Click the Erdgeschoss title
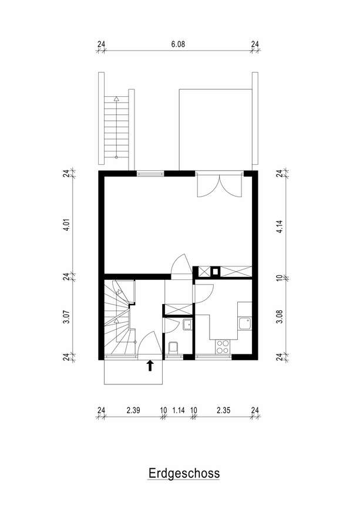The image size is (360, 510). (x=184, y=473)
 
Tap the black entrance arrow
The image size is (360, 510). (x=150, y=366)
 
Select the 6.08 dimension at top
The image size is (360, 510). (x=178, y=44)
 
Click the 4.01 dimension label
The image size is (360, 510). (x=66, y=225)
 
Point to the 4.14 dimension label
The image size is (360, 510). (x=280, y=227)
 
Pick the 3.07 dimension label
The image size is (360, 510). (x=66, y=317)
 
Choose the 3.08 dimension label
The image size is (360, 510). (x=280, y=317)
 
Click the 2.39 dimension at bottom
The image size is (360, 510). (x=133, y=410)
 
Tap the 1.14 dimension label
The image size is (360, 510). (x=179, y=410)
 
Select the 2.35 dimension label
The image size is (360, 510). (x=223, y=410)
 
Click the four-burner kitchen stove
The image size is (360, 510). (x=223, y=347)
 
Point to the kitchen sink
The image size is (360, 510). (x=245, y=323)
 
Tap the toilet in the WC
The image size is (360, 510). (x=173, y=347)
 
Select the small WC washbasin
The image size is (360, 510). (x=187, y=325)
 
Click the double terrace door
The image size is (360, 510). (x=220, y=185)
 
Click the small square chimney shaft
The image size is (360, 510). (x=215, y=271)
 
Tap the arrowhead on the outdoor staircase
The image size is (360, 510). (x=116, y=99)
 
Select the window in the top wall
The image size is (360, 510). (x=150, y=174)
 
